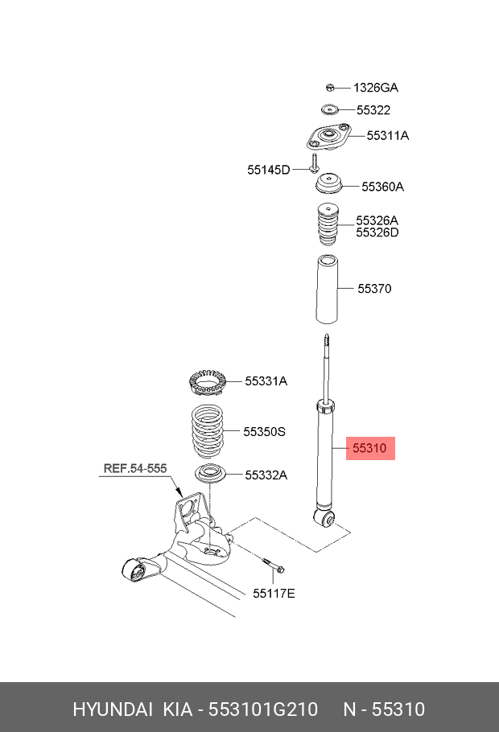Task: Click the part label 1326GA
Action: [x=376, y=88]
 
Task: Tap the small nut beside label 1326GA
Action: [x=330, y=87]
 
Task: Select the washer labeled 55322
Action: [x=328, y=110]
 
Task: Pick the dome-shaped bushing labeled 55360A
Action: [x=328, y=185]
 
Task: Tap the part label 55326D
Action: [x=377, y=232]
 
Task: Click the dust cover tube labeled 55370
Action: [x=325, y=287]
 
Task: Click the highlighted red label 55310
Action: [x=371, y=447]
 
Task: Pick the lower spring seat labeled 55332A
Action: [x=208, y=474]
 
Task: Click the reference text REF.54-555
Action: [x=134, y=467]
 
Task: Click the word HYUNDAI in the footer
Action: [x=113, y=709]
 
